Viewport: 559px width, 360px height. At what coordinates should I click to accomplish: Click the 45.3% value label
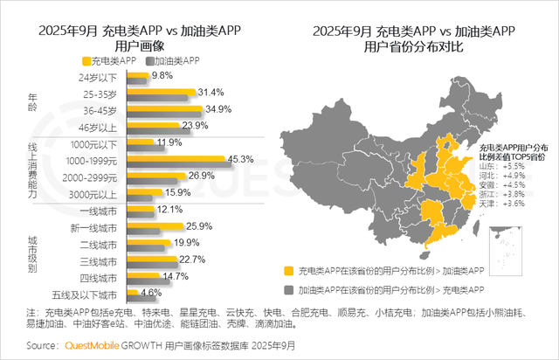(x=240, y=159)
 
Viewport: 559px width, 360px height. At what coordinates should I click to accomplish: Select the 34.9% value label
(x=217, y=109)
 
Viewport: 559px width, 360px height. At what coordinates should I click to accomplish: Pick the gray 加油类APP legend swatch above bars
(x=151, y=61)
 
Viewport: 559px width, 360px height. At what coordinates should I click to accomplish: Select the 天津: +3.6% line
(x=501, y=204)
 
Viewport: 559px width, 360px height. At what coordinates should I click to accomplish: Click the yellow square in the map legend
(x=289, y=271)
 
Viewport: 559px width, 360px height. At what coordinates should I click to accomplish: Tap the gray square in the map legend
(x=289, y=287)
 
